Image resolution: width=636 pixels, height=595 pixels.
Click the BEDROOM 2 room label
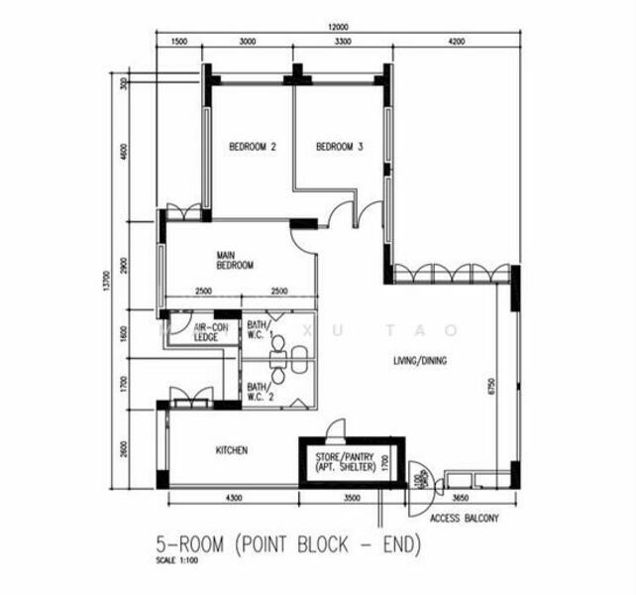pyautogui.click(x=252, y=147)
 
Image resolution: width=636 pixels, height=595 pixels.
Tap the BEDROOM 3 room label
pyautogui.click(x=339, y=147)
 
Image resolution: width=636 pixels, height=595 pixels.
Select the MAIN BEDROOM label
pyautogui.click(x=235, y=261)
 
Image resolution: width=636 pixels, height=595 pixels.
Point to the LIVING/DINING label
pyautogui.click(x=419, y=361)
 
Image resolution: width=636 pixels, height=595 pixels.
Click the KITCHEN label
pyautogui.click(x=232, y=450)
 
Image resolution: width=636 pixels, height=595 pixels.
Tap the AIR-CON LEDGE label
pyautogui.click(x=206, y=331)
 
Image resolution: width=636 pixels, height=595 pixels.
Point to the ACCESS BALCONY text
pyautogui.click(x=465, y=518)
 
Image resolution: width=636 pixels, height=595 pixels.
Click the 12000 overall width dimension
pyautogui.click(x=339, y=26)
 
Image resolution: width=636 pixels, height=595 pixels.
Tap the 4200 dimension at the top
pyautogui.click(x=456, y=43)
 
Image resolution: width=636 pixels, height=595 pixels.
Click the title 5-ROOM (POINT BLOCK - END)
pyautogui.click(x=288, y=544)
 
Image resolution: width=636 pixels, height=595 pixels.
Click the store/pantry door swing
pyautogui.click(x=336, y=428)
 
